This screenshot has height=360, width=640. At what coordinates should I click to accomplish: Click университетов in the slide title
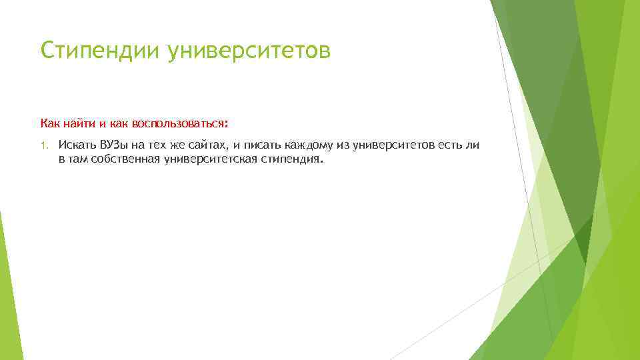coord(249,51)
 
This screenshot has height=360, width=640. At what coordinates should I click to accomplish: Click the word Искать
coord(77,145)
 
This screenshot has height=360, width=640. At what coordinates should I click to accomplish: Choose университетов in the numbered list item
coord(393,145)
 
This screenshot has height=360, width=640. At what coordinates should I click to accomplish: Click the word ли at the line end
coord(473,145)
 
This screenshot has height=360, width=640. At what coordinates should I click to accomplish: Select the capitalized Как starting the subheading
coord(49,123)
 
